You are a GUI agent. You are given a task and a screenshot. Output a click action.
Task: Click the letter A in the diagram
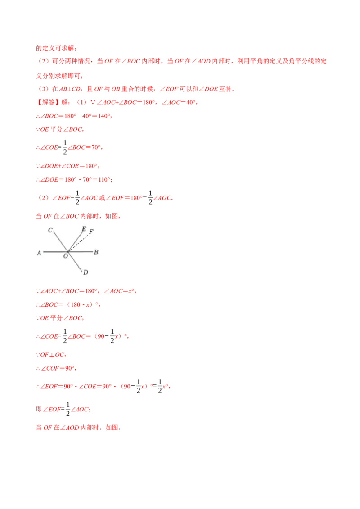pyautogui.click(x=39, y=253)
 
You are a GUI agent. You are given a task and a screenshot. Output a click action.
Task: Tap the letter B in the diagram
pyautogui.click(x=96, y=252)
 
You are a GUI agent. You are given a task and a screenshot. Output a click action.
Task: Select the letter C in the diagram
pyautogui.click(x=50, y=230)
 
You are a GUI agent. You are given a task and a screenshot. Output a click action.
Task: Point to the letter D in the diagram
pyautogui.click(x=85, y=272)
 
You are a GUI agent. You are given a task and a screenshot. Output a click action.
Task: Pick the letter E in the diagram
pyautogui.click(x=84, y=229)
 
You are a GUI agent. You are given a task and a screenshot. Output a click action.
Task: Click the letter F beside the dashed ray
pyautogui.click(x=91, y=232)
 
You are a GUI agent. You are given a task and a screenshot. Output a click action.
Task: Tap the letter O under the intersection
pyautogui.click(x=66, y=256)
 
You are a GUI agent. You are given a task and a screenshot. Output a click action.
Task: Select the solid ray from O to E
pyautogui.click(x=75, y=240)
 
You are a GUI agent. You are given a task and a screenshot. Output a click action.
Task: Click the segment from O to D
pyautogui.click(x=75, y=262)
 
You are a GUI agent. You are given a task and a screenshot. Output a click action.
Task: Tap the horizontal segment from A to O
pyautogui.click(x=54, y=252)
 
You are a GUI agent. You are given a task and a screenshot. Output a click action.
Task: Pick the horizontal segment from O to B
pyautogui.click(x=81, y=252)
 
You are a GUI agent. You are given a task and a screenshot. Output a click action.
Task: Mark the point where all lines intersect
pyautogui.click(x=68, y=252)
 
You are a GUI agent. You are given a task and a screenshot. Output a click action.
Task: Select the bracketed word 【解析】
pyautogui.click(x=44, y=103)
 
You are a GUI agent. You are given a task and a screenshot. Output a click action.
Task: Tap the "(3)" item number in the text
pyautogui.click(x=43, y=198)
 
